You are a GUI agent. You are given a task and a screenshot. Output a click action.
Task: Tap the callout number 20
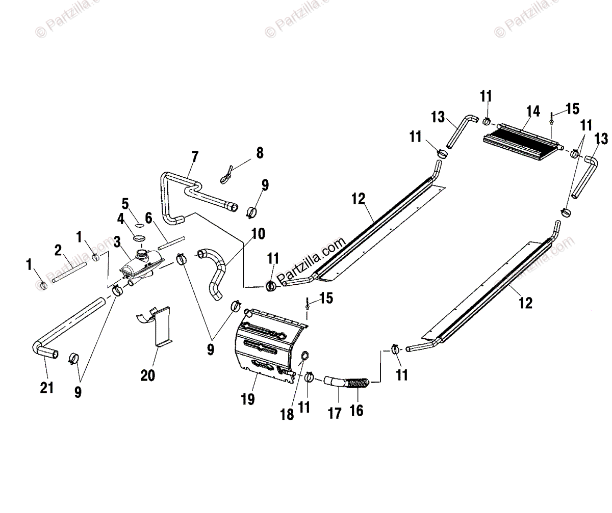click(x=148, y=375)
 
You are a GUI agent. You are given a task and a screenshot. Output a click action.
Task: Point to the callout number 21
click(x=46, y=388)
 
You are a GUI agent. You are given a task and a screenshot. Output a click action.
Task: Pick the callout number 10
click(x=258, y=234)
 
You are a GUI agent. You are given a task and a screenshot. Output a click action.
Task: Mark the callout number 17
click(x=334, y=412)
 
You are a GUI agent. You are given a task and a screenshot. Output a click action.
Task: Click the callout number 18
click(x=288, y=414)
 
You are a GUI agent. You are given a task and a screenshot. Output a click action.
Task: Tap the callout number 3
click(x=117, y=240)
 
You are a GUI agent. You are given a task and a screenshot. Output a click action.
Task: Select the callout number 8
click(x=260, y=153)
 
